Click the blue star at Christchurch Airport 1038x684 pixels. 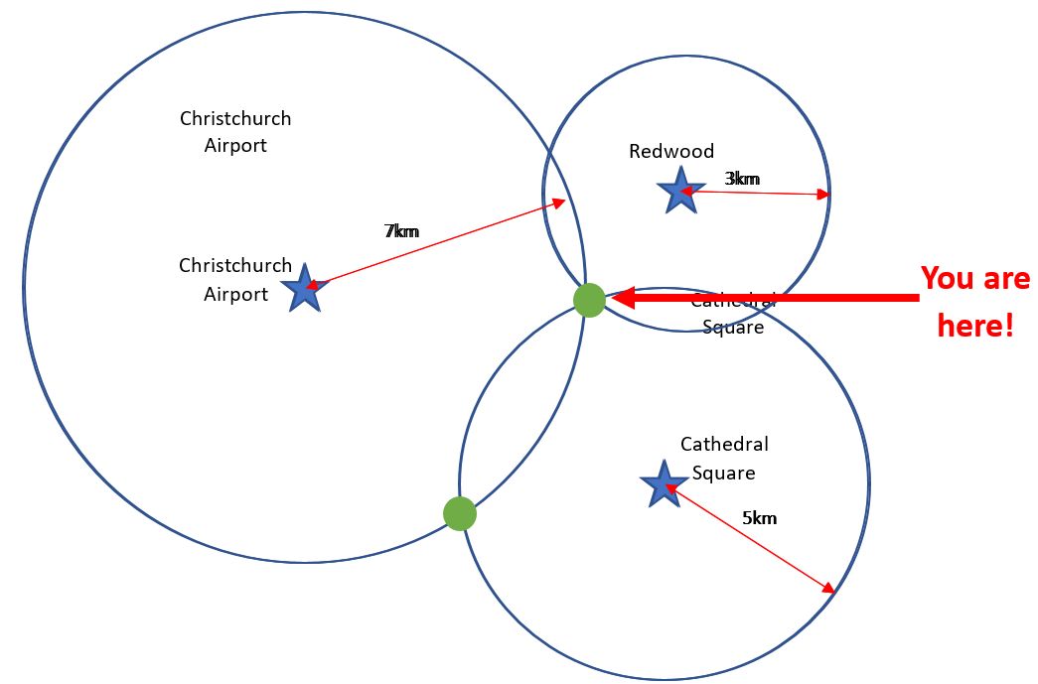(x=304, y=289)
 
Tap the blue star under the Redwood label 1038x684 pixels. (x=679, y=190)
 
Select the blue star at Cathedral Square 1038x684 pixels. (x=662, y=484)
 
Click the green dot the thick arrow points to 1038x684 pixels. (x=589, y=299)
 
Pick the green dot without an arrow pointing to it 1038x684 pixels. (x=459, y=514)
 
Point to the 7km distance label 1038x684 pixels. (x=401, y=231)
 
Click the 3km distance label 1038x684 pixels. (x=742, y=179)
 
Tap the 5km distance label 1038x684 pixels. (x=759, y=517)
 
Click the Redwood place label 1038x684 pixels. (x=671, y=151)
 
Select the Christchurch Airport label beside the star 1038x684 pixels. (x=235, y=280)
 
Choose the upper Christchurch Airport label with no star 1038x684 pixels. (x=235, y=132)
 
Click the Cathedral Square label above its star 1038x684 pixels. (x=724, y=459)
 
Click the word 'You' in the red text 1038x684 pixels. (x=946, y=279)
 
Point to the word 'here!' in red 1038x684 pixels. (x=975, y=325)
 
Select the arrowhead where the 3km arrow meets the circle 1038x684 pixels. (x=823, y=195)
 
